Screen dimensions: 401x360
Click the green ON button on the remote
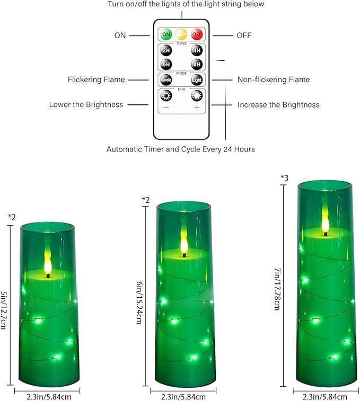coord(166,34)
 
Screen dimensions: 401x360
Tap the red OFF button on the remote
coord(197,34)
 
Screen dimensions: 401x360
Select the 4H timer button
coord(197,51)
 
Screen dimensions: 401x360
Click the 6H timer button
coord(166,64)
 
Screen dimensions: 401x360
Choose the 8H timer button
coord(197,64)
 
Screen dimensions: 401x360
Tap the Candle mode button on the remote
coord(166,81)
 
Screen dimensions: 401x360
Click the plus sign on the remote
coord(197,108)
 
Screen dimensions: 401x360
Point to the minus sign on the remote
coord(166,108)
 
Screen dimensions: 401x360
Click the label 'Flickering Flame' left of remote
coord(96,80)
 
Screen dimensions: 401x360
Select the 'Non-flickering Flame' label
coord(273,80)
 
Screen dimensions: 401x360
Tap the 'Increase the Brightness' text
coord(278,105)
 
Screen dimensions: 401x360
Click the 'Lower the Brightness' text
coord(86,105)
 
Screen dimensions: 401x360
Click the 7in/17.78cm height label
coord(277,289)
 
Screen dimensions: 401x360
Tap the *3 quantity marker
coord(285,177)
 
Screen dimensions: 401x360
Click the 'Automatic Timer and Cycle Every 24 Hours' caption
coord(180,149)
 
